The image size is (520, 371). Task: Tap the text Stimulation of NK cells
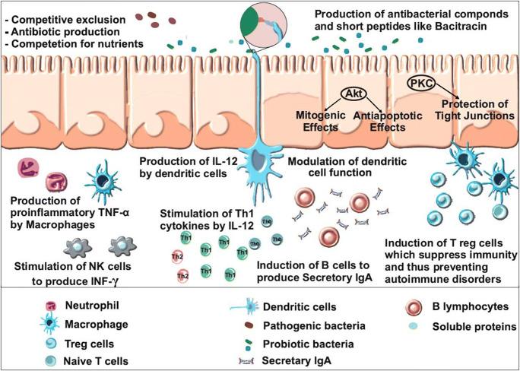85,265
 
